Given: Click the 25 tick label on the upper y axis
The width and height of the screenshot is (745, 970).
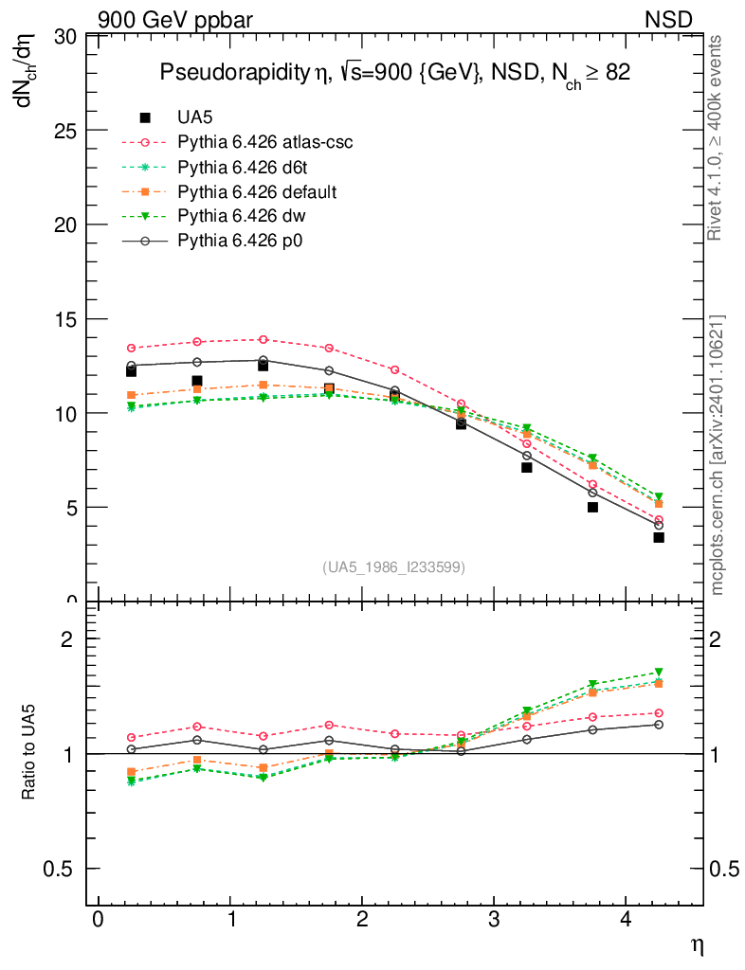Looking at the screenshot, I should (x=64, y=131).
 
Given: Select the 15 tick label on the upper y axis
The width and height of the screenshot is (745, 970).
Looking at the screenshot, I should (x=64, y=318).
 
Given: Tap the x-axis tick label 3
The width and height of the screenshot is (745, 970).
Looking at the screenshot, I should (x=494, y=922).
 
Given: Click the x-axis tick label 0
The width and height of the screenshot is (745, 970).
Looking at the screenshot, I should (x=98, y=922).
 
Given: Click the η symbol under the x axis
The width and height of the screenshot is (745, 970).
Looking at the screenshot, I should (x=696, y=945).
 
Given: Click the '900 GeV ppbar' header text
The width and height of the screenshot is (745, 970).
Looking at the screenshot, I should (x=175, y=18).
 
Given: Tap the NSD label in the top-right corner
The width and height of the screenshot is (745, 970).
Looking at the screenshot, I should (x=669, y=18).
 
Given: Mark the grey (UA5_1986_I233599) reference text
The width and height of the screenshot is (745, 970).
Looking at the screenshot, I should (x=394, y=567).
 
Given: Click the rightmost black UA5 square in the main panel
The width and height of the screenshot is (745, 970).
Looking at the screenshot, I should (x=659, y=537).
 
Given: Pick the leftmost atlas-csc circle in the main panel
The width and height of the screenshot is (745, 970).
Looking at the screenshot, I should (x=131, y=349).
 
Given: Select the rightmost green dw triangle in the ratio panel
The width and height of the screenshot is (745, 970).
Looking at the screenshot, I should (x=659, y=673).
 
